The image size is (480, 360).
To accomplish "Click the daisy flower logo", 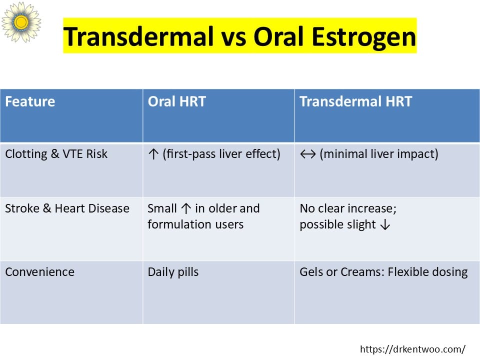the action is [x=21, y=22].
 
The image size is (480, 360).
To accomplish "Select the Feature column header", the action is [x=30, y=101].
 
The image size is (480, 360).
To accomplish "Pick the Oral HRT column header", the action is [x=176, y=101].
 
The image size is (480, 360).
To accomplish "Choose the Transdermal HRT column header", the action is [x=355, y=101].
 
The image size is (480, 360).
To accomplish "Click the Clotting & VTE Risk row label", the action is [x=56, y=154].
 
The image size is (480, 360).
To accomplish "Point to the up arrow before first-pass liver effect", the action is [x=153, y=154].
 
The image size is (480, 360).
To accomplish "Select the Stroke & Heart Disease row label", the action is [x=67, y=208].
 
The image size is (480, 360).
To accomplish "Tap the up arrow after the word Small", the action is [x=186, y=208].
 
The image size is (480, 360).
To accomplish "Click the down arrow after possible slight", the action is [x=385, y=225].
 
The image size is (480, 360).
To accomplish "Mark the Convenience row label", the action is [x=40, y=272].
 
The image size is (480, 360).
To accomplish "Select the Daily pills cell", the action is [x=173, y=272].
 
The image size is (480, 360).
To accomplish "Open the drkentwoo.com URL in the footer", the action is [x=412, y=349].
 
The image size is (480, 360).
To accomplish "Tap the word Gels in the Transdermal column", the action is [x=311, y=272].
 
